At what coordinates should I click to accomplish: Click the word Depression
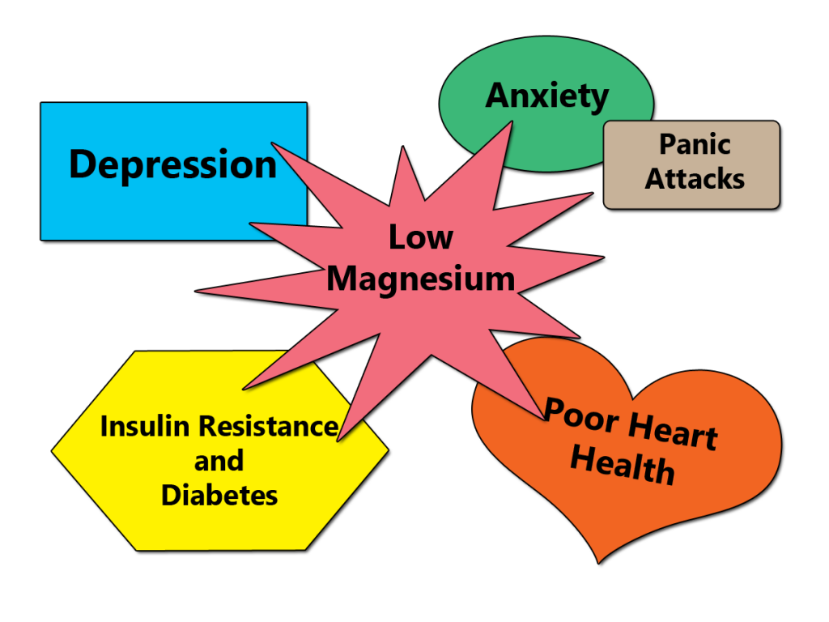172,164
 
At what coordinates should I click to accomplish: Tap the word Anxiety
546,96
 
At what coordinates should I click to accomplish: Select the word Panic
695,145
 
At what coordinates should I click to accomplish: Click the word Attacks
695,178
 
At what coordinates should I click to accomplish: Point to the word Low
420,238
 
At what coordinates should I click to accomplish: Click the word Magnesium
421,279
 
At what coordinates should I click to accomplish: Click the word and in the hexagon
219,461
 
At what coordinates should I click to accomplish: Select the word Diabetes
219,495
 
